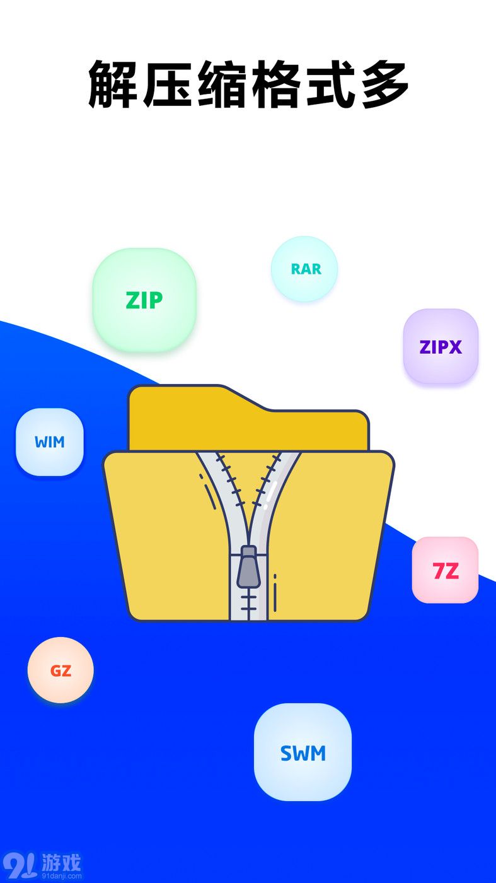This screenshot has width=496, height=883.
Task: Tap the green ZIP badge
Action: (144, 300)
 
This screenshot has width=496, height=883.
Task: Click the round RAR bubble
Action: (304, 269)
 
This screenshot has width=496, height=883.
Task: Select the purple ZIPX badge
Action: (441, 346)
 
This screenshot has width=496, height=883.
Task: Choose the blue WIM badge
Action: (50, 442)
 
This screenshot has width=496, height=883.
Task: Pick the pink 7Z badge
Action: (445, 570)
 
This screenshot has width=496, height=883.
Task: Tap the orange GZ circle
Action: (61, 670)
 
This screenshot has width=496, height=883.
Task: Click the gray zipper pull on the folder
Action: (248, 566)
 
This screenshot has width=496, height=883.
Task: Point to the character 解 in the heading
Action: (112, 84)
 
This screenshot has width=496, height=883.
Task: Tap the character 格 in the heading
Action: (276, 84)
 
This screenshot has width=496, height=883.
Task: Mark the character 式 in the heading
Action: (330, 84)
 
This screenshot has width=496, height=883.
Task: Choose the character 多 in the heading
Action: (384, 84)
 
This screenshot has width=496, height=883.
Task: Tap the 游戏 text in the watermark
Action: (61, 862)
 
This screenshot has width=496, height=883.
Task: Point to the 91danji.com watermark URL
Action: (61, 875)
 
